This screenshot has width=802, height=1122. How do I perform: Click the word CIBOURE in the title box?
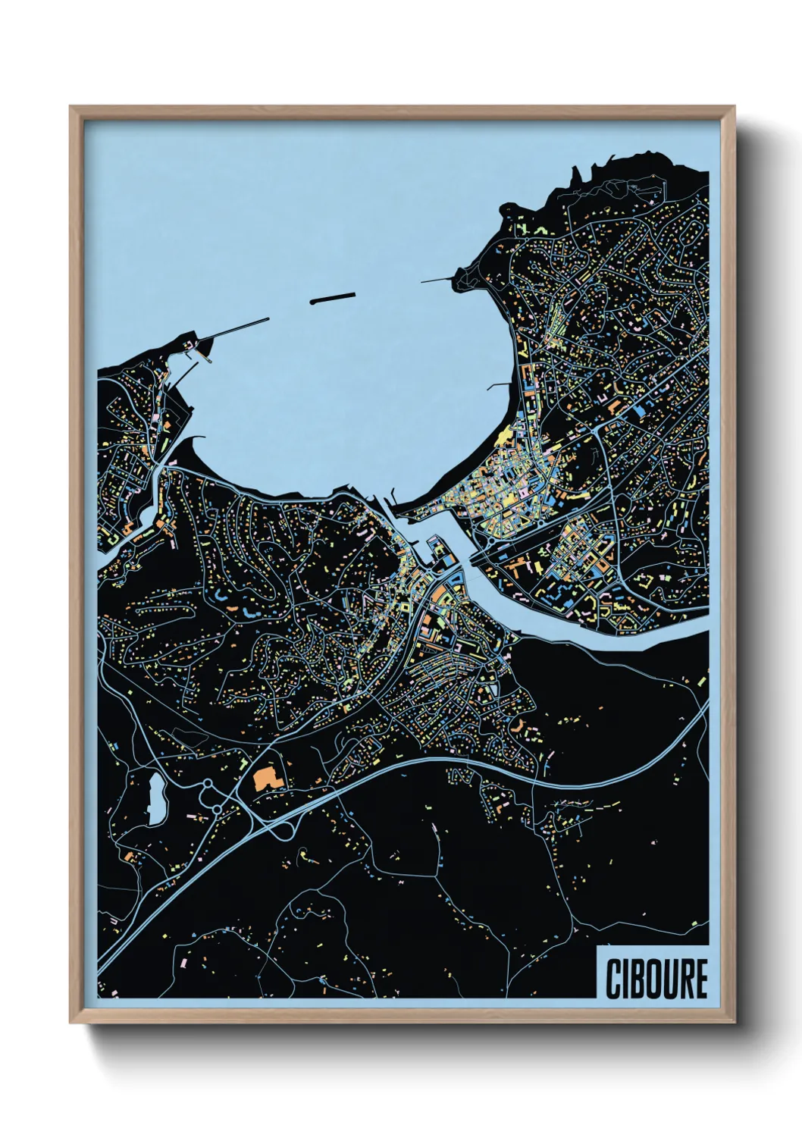pos(656,979)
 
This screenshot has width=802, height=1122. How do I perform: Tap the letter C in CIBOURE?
pos(612,979)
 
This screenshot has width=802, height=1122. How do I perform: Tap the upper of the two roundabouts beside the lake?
pos(205,785)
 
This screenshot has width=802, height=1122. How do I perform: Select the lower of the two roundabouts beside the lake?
pos(217,810)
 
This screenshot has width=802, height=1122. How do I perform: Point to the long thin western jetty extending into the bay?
pos(235,331)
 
